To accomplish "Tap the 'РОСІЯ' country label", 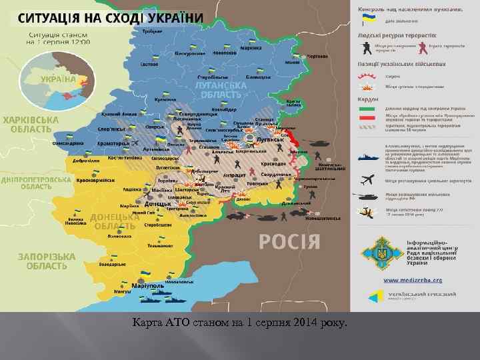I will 289,241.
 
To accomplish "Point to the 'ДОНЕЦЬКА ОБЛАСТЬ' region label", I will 116,221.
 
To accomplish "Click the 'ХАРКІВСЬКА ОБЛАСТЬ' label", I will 31,124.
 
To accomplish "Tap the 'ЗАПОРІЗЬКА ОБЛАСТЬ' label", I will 43,261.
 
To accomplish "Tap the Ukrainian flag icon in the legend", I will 366,21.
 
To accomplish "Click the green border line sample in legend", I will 367,107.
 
